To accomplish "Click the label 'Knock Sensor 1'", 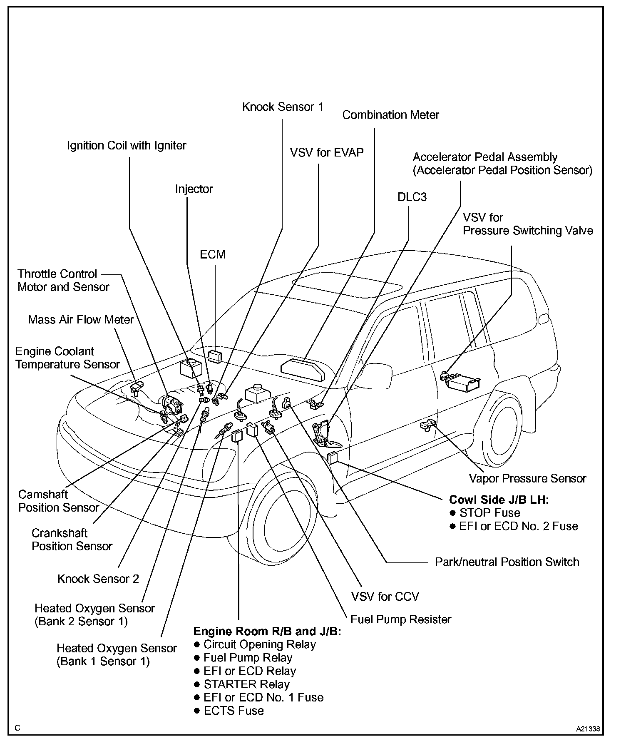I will click(283, 107).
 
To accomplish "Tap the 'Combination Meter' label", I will click(390, 115).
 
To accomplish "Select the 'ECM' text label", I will click(213, 254).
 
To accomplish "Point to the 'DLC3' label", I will click(412, 197).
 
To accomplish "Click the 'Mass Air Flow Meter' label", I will click(81, 320).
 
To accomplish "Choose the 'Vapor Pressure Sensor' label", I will click(527, 478).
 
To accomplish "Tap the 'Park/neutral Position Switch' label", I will click(507, 562).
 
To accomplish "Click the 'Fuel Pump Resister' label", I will click(401, 619).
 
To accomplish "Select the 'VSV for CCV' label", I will click(385, 596).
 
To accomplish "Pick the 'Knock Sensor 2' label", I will click(98, 579).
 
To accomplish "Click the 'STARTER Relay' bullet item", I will click(246, 684).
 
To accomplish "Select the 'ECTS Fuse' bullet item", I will click(234, 710).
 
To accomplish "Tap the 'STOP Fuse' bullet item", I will click(489, 512).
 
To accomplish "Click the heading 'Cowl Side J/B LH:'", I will click(499, 500).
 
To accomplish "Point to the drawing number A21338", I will click(588, 729).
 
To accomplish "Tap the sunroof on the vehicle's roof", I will click(347, 286).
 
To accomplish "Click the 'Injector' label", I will click(194, 189).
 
